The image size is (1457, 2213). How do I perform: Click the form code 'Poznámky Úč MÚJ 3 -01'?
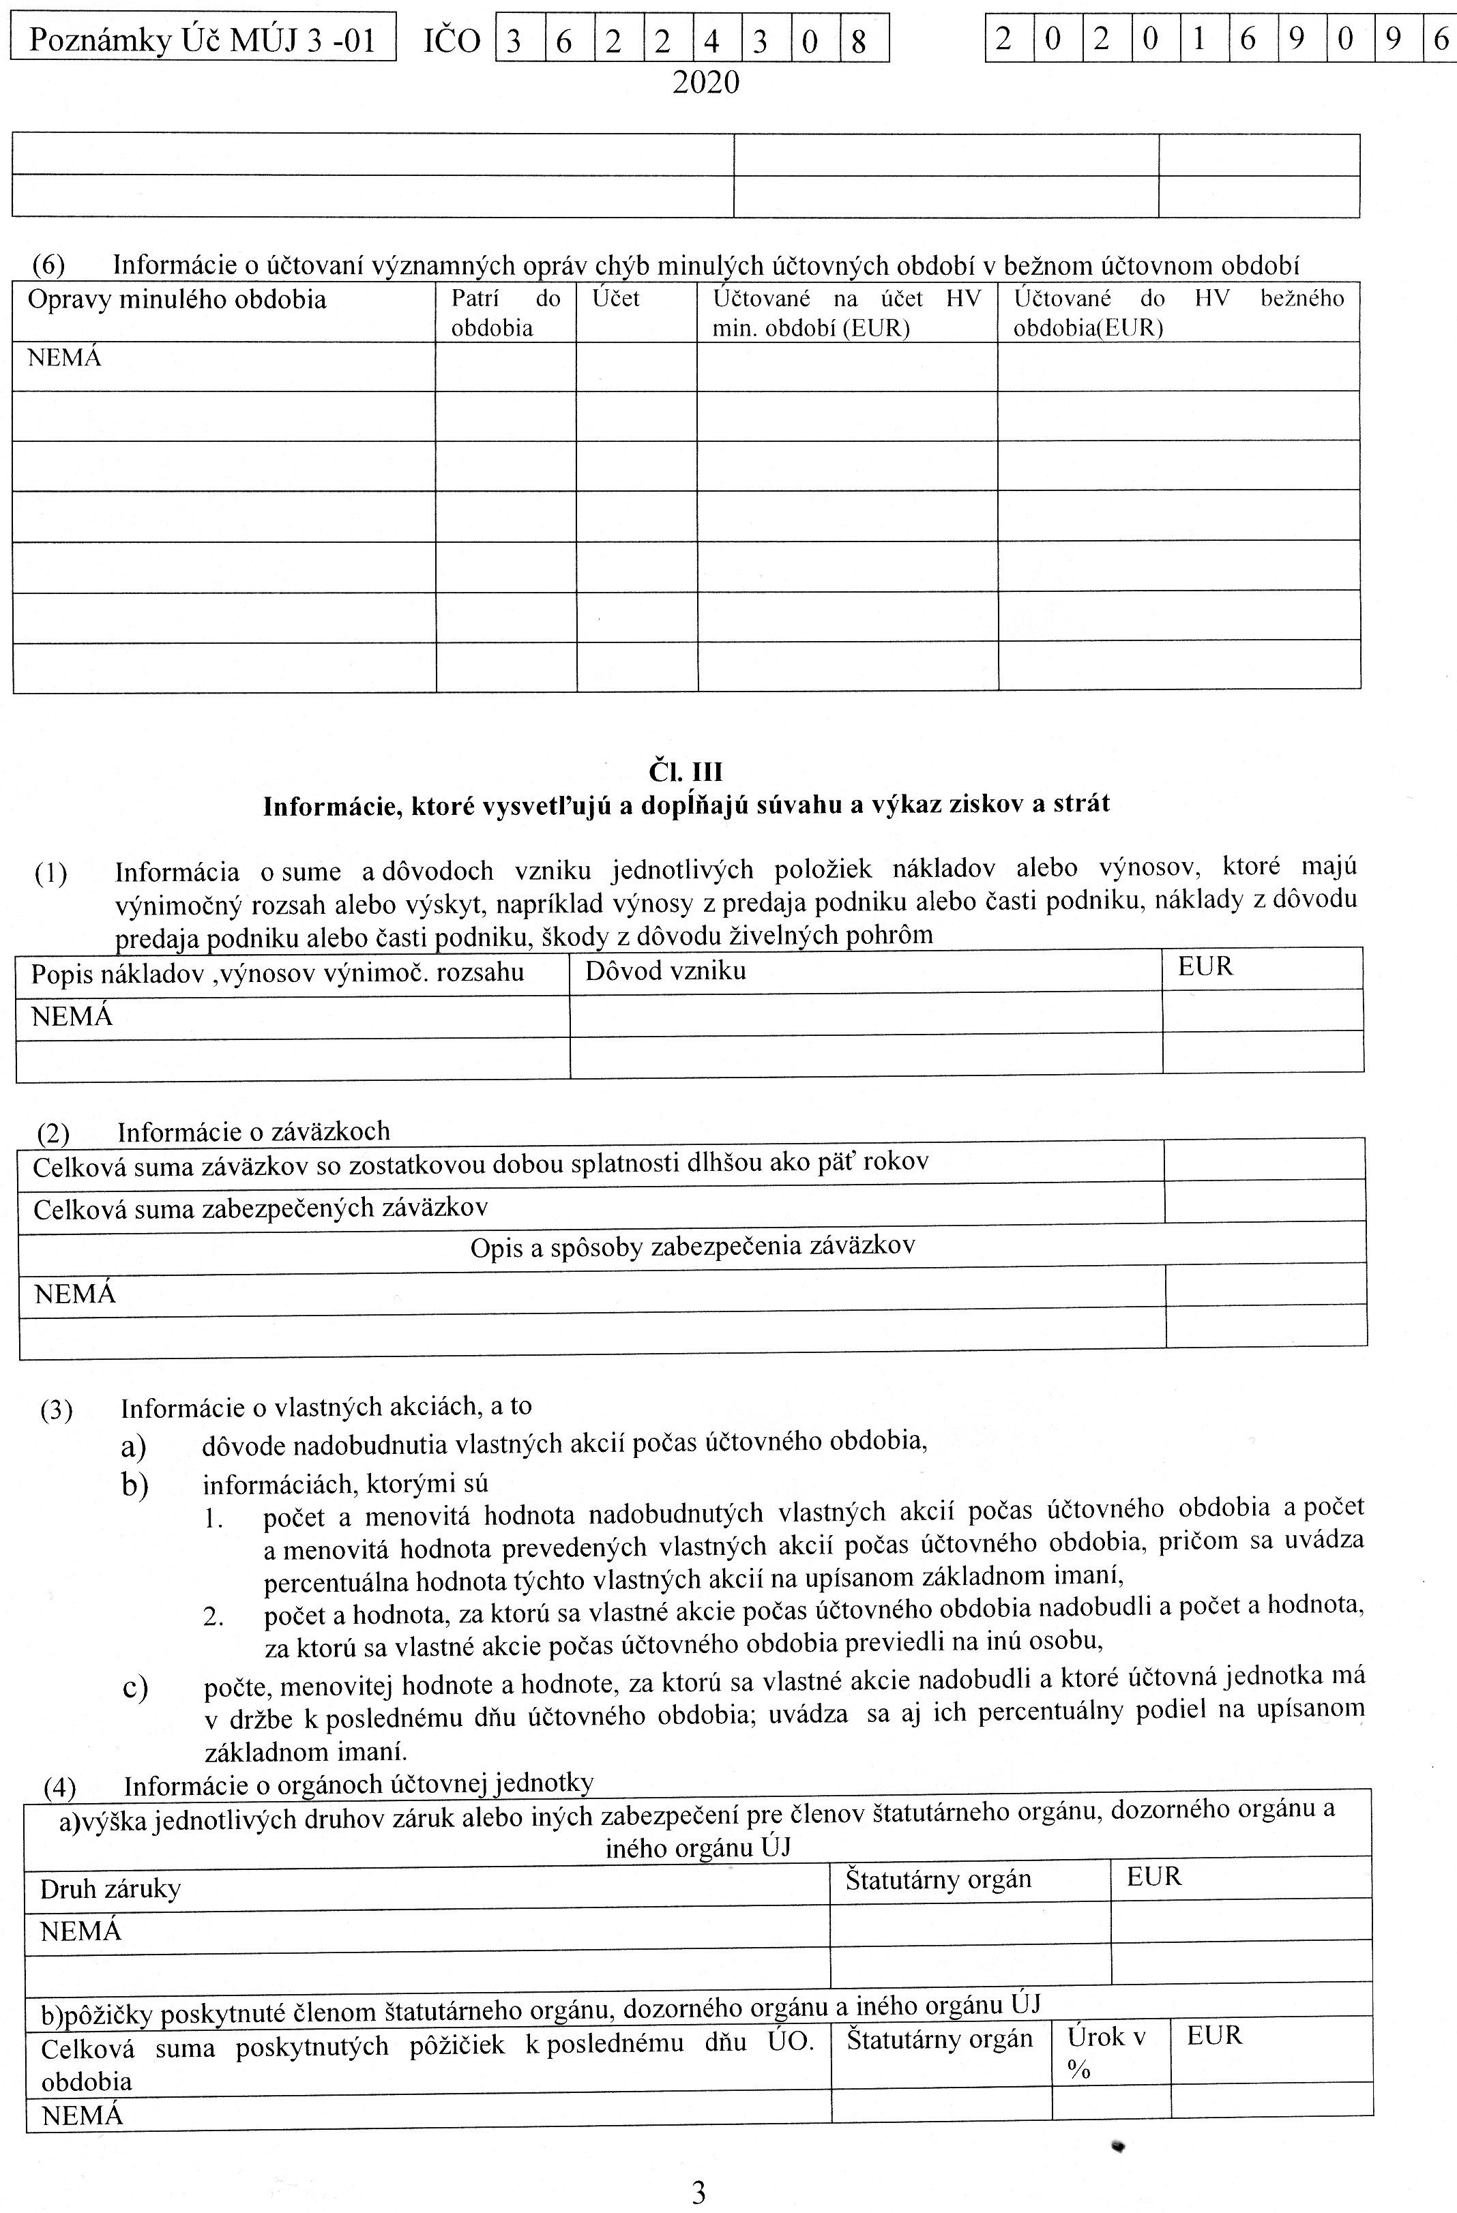click(x=202, y=40)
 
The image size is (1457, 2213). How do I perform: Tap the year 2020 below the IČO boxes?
click(x=706, y=84)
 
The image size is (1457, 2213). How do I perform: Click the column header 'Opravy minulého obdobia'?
click(x=177, y=300)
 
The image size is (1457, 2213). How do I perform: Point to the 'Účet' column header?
click(x=617, y=299)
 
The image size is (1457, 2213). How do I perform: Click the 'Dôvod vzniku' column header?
click(x=666, y=972)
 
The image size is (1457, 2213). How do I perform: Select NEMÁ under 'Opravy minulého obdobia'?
click(x=64, y=359)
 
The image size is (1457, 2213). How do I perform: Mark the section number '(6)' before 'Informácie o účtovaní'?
click(x=48, y=266)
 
